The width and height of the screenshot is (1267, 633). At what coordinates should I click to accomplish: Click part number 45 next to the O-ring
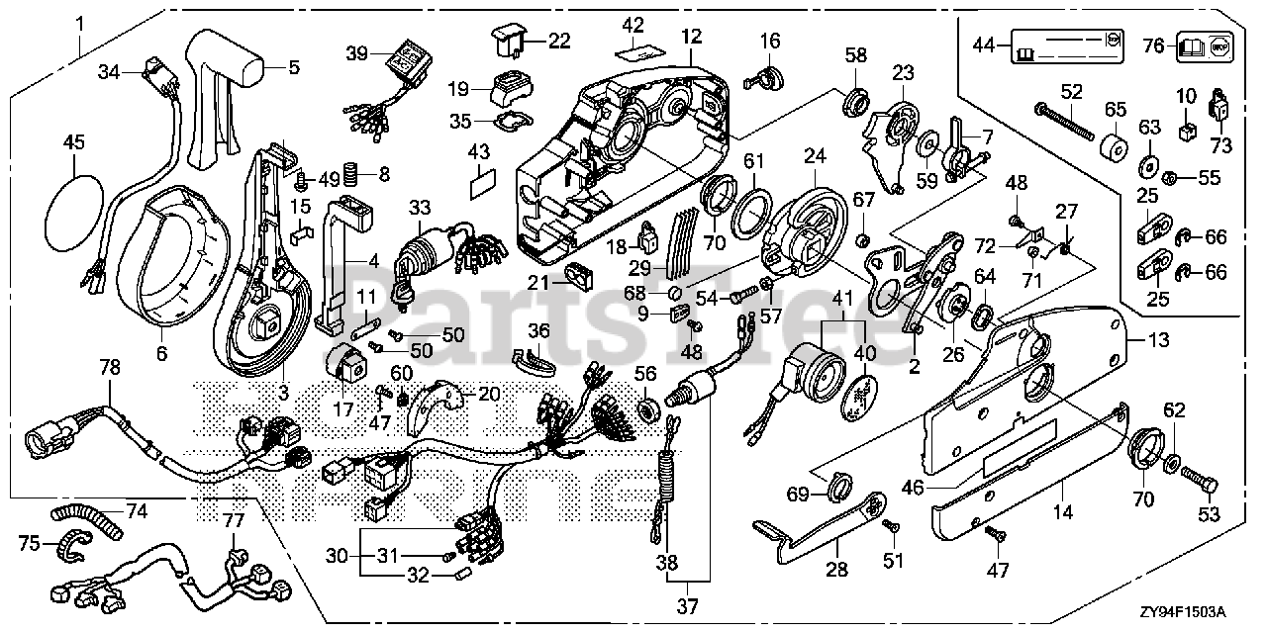pos(74,143)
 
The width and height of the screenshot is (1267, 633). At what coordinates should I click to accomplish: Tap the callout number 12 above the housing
pos(691,38)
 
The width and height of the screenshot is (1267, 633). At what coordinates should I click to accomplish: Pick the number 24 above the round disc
pos(814,156)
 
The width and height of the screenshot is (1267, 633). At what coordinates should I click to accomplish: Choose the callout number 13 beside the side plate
pos(1158,339)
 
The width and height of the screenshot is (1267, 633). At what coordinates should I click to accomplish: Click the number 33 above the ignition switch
pos(420,207)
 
